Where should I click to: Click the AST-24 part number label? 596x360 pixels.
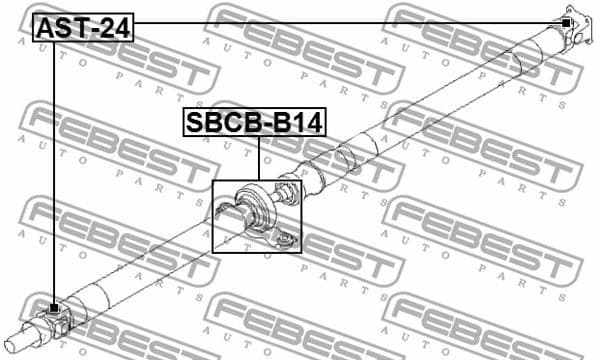click(x=83, y=29)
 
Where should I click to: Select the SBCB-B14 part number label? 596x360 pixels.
click(x=253, y=123)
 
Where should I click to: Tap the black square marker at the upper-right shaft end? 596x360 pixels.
click(x=567, y=22)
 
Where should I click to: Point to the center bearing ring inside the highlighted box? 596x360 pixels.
click(x=259, y=204)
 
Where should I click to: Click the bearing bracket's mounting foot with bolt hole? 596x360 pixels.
click(x=284, y=237)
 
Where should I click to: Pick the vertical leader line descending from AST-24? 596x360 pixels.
click(x=54, y=170)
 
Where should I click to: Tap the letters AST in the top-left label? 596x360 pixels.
click(x=61, y=29)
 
